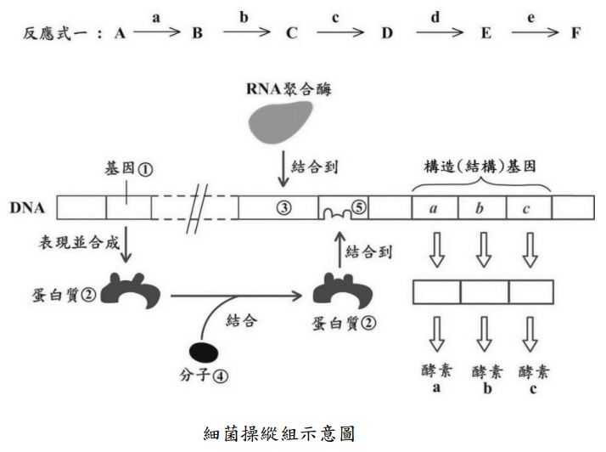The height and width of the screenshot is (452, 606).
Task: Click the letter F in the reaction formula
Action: click(x=577, y=34)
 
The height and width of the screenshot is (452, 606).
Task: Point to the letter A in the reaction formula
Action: click(x=120, y=34)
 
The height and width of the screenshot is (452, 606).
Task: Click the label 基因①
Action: click(x=129, y=168)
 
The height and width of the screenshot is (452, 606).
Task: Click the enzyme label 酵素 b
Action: click(x=483, y=377)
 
